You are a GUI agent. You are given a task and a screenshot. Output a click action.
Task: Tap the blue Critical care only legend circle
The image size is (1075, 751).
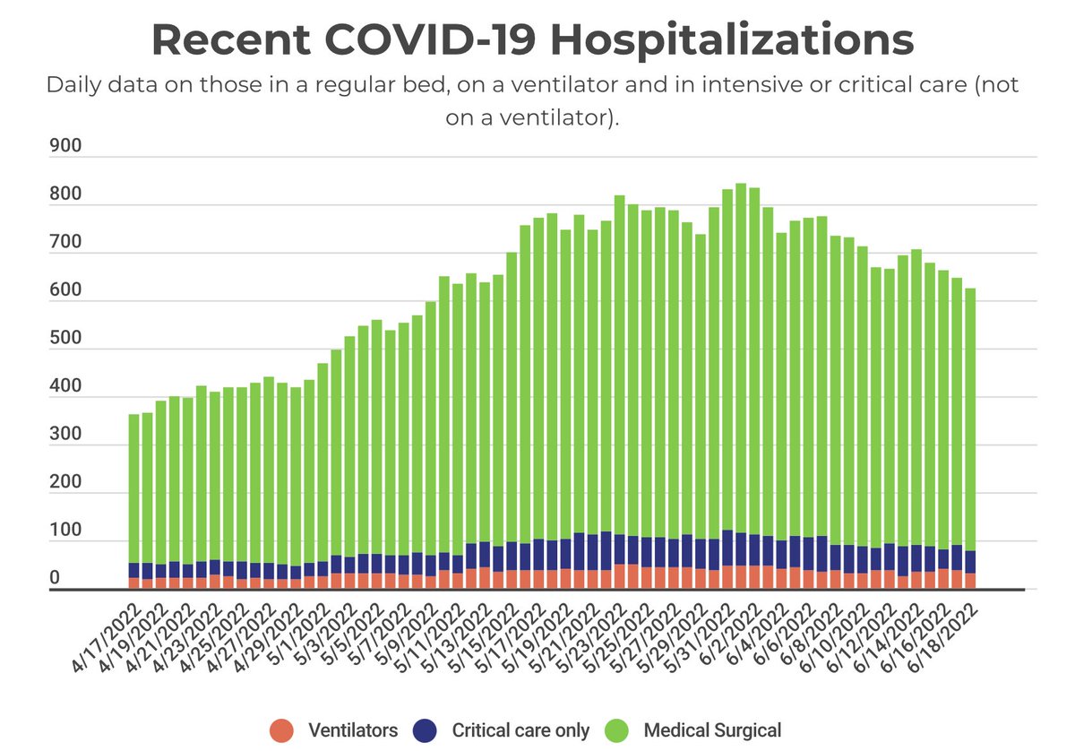pos(426,730)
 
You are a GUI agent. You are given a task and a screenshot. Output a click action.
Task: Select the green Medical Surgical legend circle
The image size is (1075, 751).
pos(617,730)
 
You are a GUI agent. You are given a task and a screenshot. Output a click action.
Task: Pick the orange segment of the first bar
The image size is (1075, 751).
pos(134,583)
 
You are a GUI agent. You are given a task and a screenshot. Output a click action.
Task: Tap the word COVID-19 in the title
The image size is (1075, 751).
pos(429,40)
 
